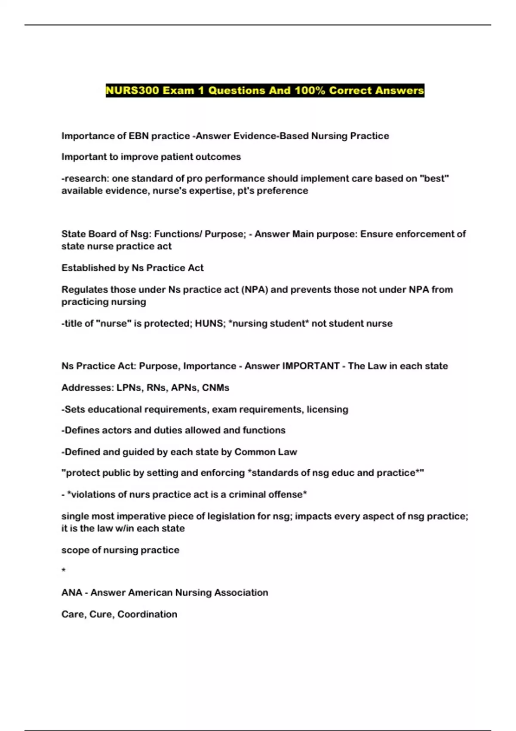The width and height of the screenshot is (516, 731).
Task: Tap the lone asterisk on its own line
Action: [x=64, y=571]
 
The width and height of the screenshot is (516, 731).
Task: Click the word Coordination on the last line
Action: [x=147, y=614]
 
